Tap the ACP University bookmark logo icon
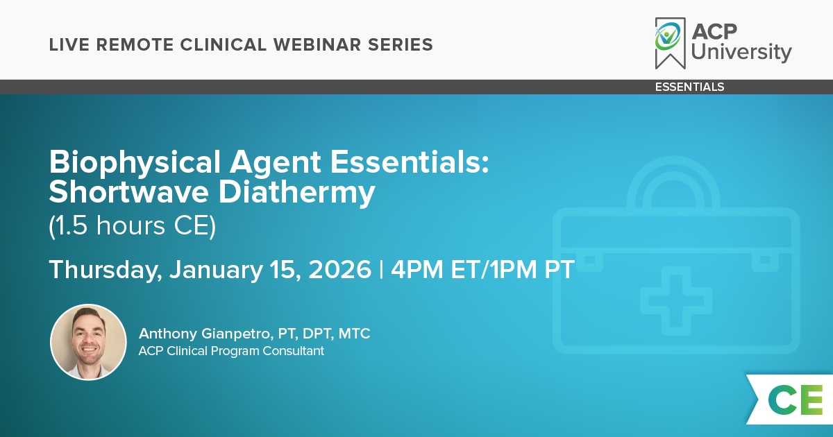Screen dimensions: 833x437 click(670, 43)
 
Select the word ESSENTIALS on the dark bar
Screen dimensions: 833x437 click(689, 87)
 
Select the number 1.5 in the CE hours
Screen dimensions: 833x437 click(71, 225)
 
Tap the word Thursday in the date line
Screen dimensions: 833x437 click(106, 270)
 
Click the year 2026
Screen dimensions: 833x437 click(339, 269)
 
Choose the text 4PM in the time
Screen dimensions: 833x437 click(417, 269)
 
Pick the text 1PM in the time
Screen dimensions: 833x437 click(513, 269)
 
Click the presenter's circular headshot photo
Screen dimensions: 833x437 click(89, 342)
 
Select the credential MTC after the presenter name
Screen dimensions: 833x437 click(354, 334)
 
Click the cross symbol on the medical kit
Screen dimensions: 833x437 click(675, 300)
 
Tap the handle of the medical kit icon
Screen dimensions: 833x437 click(673, 182)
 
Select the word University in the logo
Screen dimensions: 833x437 click(741, 52)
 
